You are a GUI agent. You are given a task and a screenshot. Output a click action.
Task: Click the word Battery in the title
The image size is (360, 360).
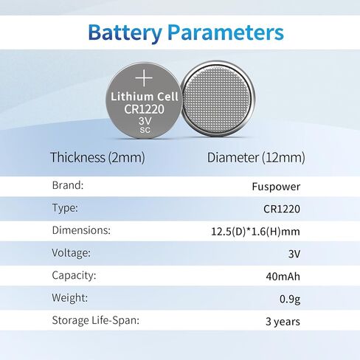coord(125,33)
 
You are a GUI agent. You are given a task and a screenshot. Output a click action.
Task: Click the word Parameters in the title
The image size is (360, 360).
coord(226,32)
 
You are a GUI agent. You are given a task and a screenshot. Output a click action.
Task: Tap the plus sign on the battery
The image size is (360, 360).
coord(144,78)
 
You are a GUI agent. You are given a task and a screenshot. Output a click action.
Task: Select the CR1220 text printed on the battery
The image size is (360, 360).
coord(144,109)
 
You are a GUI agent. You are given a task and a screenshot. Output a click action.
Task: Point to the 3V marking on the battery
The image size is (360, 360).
coord(145,121)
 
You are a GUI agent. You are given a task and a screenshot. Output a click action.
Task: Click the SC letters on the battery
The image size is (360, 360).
coord(145,130)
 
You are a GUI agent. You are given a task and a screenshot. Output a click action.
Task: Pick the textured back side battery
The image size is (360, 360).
coord(218,99)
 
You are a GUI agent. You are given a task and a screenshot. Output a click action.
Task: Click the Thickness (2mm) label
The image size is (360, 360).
coord(97,157)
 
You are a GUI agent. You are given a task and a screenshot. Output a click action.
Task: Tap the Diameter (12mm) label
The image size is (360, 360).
coord(256,157)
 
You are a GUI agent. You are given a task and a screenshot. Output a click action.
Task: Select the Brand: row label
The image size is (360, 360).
coord(68,185)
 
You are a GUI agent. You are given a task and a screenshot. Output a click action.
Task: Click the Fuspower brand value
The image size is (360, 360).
coord(276,187)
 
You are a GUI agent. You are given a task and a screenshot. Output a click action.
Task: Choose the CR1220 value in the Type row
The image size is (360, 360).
coord(282,209)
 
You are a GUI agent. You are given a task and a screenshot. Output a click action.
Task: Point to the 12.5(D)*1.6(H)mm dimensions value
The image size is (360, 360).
coord(256,232)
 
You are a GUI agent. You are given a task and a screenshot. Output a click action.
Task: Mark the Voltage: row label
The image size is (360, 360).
coord(72,253)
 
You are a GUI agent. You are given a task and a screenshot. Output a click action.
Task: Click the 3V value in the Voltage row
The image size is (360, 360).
coord(294,254)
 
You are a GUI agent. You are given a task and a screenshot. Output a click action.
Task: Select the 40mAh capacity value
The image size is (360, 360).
coord(283,277)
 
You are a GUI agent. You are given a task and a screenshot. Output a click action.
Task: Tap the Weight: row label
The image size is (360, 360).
coord(70,298)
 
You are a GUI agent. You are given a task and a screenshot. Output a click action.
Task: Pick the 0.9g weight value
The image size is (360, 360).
coord(290,300)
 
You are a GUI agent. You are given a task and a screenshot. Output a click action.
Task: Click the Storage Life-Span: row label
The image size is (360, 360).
coord(96,320)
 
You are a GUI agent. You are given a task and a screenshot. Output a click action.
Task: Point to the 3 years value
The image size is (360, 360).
coord(283,322)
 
